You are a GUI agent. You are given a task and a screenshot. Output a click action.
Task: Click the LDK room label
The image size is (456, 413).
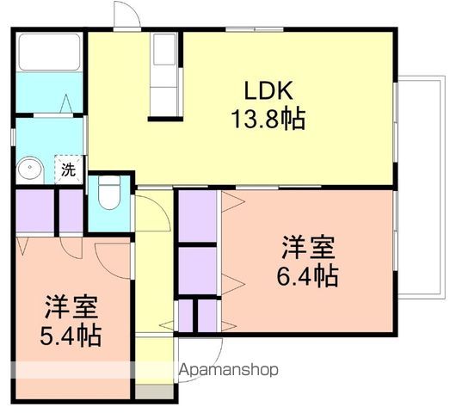[268, 89]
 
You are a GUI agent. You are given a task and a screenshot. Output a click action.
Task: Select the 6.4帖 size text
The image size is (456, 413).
[307, 276]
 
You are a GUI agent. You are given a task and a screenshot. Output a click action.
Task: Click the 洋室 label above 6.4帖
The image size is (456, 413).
[307, 248]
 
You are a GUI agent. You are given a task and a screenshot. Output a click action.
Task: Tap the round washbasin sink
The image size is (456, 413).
[32, 168]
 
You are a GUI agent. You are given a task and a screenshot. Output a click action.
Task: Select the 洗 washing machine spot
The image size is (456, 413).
[68, 170]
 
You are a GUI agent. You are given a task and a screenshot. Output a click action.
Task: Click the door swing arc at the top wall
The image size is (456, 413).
[126, 15]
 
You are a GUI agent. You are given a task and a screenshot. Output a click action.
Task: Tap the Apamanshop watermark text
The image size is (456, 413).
[228, 371]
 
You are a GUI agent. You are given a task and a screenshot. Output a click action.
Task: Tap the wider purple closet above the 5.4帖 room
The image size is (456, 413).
[34, 212]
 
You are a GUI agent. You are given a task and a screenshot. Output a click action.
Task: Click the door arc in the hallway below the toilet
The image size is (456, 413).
[151, 212]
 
